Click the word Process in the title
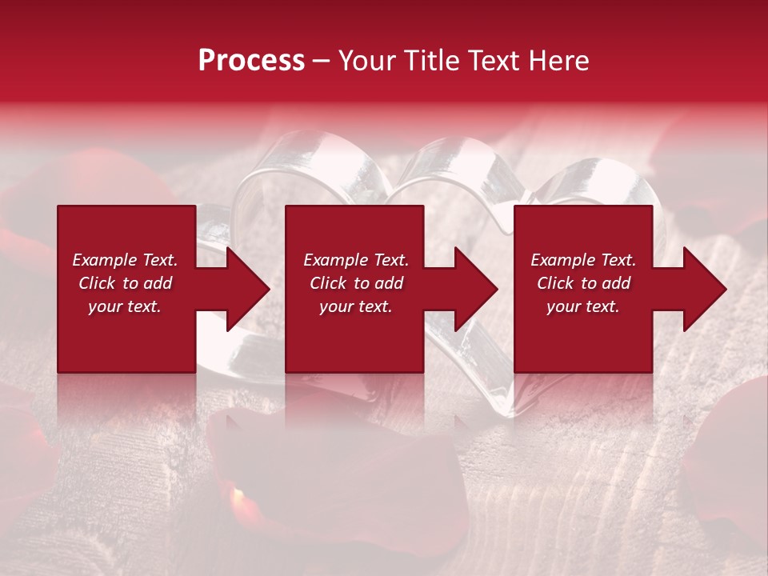point(251,61)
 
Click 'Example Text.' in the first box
point(125,260)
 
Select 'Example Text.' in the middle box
point(356,260)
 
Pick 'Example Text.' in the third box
point(583,260)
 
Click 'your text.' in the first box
point(125,306)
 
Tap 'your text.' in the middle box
point(356,306)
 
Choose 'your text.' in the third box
point(583,306)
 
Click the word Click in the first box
point(97,283)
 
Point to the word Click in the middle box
point(328,283)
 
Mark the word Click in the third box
point(555,283)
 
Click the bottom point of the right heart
point(503,413)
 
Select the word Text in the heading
point(494,61)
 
